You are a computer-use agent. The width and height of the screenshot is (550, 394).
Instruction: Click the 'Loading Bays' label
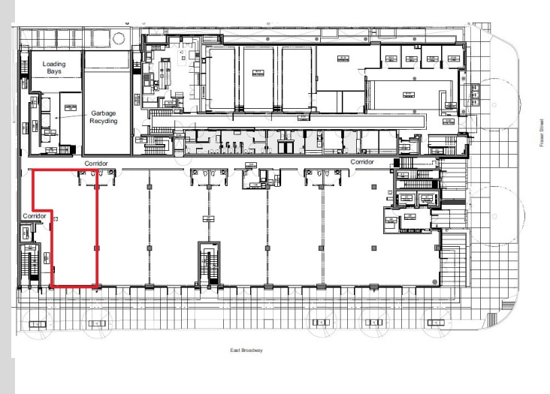(x=53, y=68)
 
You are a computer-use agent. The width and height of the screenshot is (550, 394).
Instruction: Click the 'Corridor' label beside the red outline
(x=35, y=216)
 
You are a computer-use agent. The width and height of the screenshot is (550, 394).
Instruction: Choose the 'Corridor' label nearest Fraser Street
(x=362, y=162)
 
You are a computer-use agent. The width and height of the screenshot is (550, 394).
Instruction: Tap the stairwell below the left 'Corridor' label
(x=30, y=262)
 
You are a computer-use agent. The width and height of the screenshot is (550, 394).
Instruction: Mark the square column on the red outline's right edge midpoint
(x=96, y=248)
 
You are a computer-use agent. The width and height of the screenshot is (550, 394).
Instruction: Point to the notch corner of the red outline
(x=50, y=210)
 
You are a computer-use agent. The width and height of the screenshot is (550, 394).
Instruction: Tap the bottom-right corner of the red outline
(x=97, y=286)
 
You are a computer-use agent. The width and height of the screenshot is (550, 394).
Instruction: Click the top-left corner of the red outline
(x=32, y=170)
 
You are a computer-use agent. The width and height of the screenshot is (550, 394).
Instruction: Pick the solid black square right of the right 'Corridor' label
(x=396, y=163)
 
